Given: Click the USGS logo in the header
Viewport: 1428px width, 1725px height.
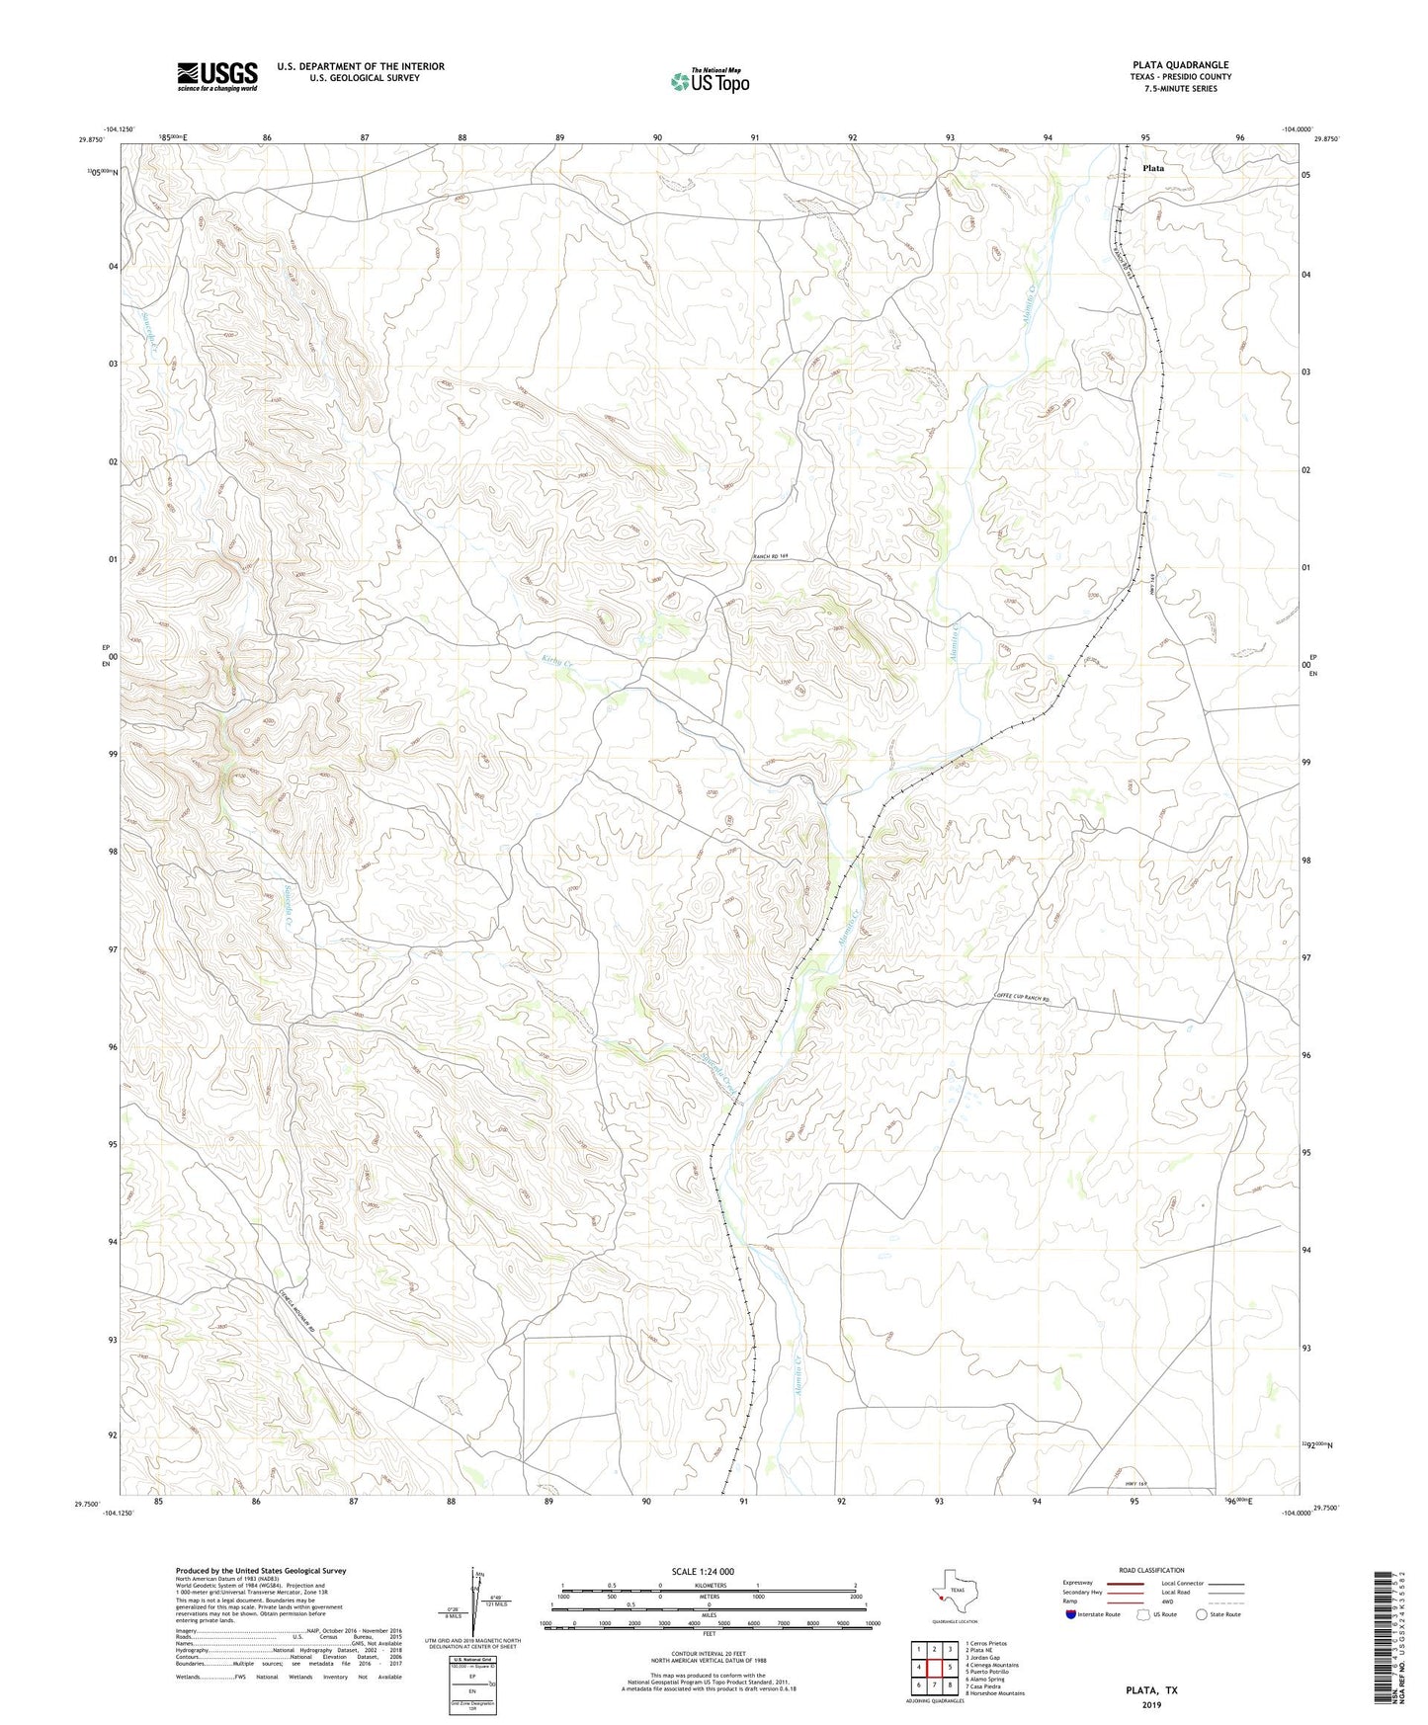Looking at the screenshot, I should [x=217, y=76].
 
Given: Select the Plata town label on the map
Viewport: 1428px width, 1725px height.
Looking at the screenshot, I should [x=1152, y=168].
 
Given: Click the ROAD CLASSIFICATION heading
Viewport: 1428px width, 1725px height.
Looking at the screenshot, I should [x=1151, y=1570].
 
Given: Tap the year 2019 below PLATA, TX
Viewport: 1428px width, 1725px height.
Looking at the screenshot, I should [x=1151, y=1705].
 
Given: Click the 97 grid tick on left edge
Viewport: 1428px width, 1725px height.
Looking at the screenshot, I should [x=113, y=949].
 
